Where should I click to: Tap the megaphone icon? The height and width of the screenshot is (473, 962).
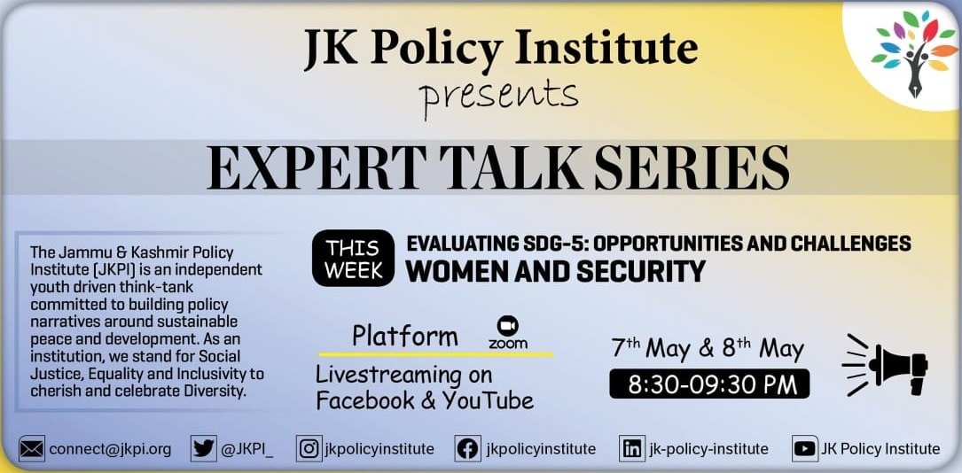[885, 365]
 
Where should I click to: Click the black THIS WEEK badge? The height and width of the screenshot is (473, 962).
[354, 258]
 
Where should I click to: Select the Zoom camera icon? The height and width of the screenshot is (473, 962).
[508, 325]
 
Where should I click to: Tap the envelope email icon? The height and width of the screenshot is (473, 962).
[32, 449]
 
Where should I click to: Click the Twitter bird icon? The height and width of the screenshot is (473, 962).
[204, 449]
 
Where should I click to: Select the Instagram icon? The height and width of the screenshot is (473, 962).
[308, 449]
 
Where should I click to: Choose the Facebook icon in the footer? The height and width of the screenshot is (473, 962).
[467, 449]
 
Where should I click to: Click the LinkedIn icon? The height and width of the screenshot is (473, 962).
[630, 449]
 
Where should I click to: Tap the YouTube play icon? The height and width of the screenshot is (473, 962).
[804, 449]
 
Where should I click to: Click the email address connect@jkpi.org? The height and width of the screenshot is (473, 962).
[111, 450]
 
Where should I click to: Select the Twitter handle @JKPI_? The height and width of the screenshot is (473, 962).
[246, 450]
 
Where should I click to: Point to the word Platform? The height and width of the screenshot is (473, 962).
[405, 337]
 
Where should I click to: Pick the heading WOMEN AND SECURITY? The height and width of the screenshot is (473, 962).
[556, 271]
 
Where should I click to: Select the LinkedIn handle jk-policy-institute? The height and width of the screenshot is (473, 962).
[708, 450]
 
